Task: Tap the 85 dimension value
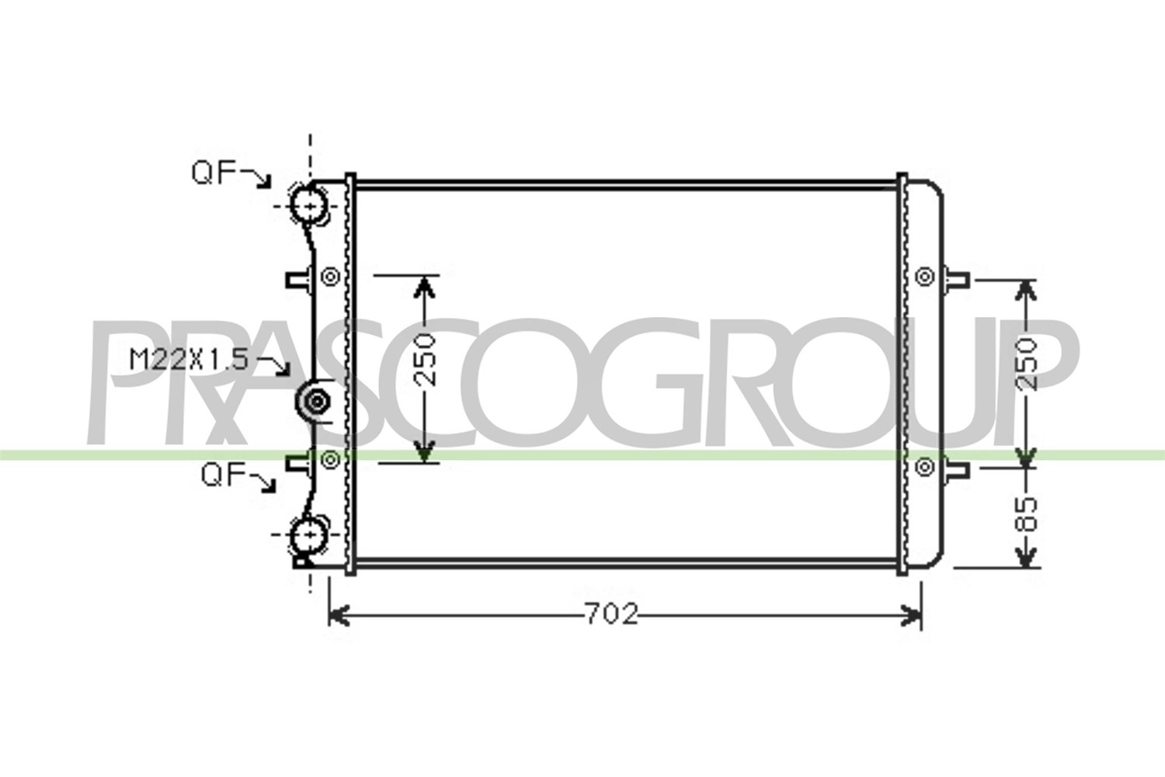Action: (1026, 515)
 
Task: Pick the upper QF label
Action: (214, 172)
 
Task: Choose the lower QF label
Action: (224, 476)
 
